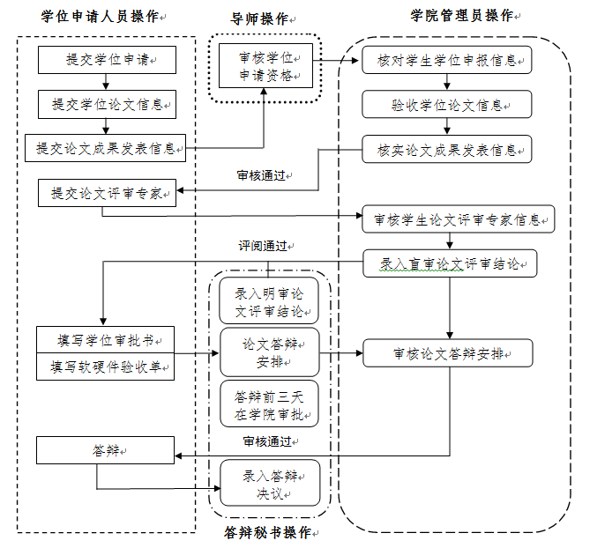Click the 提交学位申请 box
106,60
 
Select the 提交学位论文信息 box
106,104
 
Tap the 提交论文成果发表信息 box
106,148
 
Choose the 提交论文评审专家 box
106,193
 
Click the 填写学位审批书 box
106,339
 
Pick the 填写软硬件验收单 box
106,367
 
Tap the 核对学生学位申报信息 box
447,60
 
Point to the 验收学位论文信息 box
447,104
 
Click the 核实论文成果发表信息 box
447,148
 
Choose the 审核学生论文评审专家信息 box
458,218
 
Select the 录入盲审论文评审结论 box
450,263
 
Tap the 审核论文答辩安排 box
450,354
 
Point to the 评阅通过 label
265,246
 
